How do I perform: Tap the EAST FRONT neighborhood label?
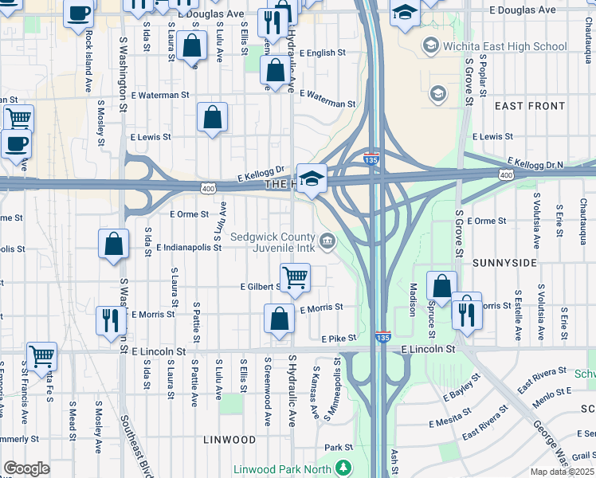pyautogui.click(x=530, y=106)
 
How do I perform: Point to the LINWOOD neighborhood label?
pyautogui.click(x=229, y=440)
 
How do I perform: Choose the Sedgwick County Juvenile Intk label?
pyautogui.click(x=273, y=242)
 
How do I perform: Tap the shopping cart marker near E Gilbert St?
pyautogui.click(x=295, y=277)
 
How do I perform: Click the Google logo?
pyautogui.click(x=26, y=468)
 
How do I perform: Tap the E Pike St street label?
pyautogui.click(x=338, y=339)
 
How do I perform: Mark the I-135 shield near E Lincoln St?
pyautogui.click(x=382, y=338)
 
